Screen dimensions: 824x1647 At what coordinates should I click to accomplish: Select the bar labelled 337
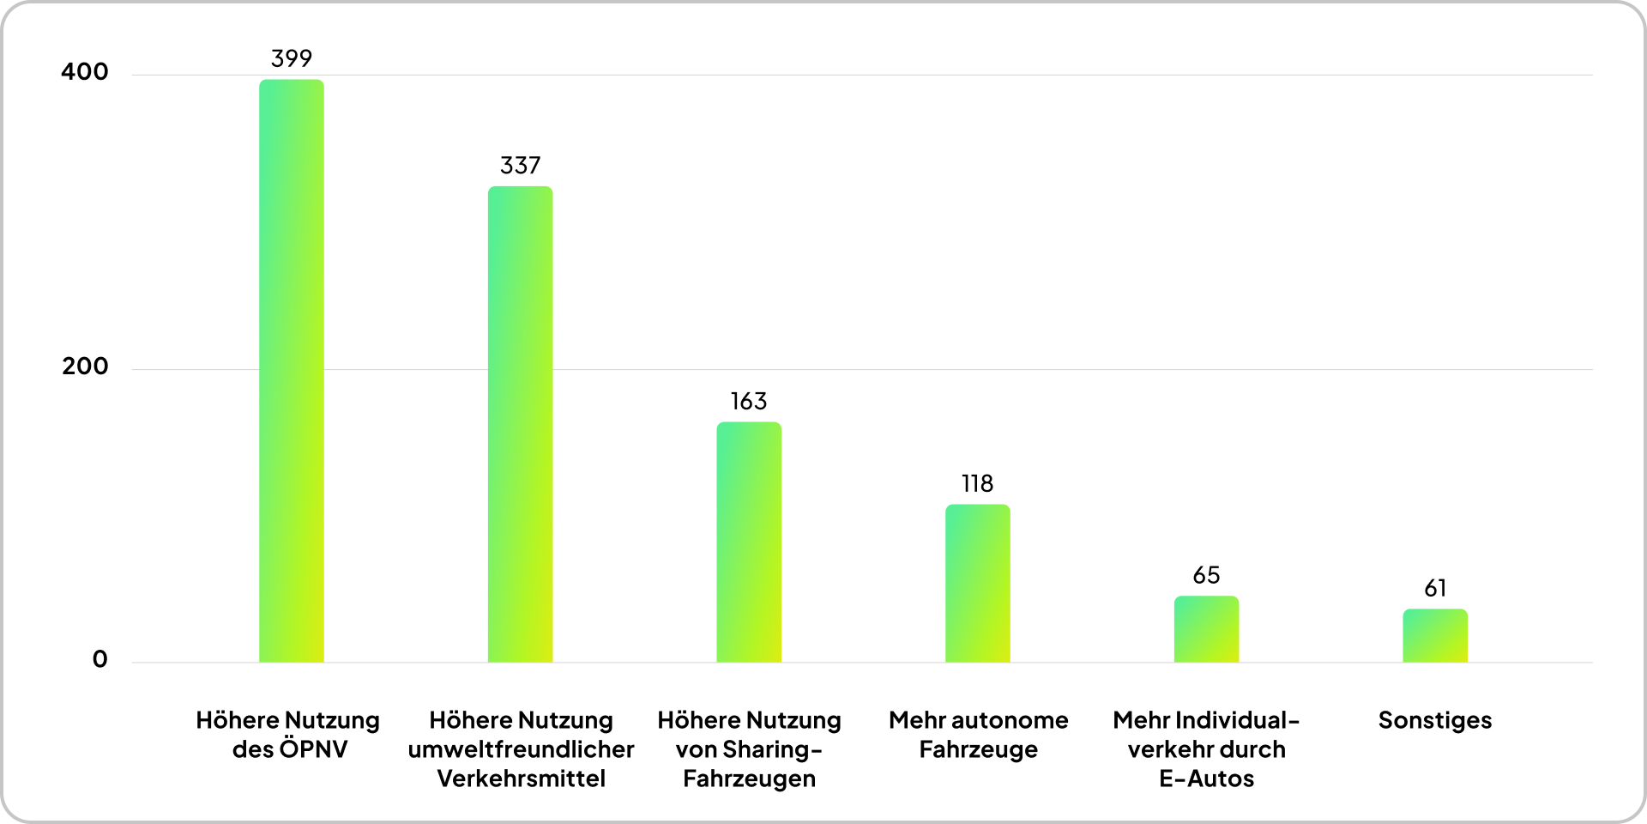pyautogui.click(x=520, y=424)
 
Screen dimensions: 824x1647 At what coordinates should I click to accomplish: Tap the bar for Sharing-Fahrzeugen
pyautogui.click(x=749, y=542)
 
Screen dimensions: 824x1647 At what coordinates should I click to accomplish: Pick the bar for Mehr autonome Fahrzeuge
pyautogui.click(x=977, y=583)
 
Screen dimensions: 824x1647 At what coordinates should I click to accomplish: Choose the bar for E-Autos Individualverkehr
pyautogui.click(x=1206, y=628)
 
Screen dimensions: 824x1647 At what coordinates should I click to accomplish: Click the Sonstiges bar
pyautogui.click(x=1434, y=635)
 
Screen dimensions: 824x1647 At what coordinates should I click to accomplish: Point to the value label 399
pyautogui.click(x=292, y=58)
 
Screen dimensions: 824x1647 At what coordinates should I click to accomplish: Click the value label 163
pyautogui.click(x=749, y=401)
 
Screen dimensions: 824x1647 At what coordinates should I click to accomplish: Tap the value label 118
pyautogui.click(x=977, y=483)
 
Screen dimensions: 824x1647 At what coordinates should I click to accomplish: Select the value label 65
pyautogui.click(x=1206, y=575)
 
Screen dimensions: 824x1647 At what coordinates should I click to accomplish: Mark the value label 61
pyautogui.click(x=1435, y=588)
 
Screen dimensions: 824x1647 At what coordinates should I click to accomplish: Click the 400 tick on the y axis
pyautogui.click(x=85, y=71)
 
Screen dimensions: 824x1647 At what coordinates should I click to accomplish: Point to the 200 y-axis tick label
pyautogui.click(x=85, y=366)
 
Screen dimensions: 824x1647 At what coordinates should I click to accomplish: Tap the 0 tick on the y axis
pyautogui.click(x=100, y=659)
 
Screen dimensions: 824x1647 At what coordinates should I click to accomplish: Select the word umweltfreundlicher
pyautogui.click(x=521, y=749)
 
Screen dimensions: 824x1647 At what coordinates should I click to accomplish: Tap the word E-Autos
pyautogui.click(x=1206, y=779)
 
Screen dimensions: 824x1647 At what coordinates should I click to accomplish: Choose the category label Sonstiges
pyautogui.click(x=1434, y=720)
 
